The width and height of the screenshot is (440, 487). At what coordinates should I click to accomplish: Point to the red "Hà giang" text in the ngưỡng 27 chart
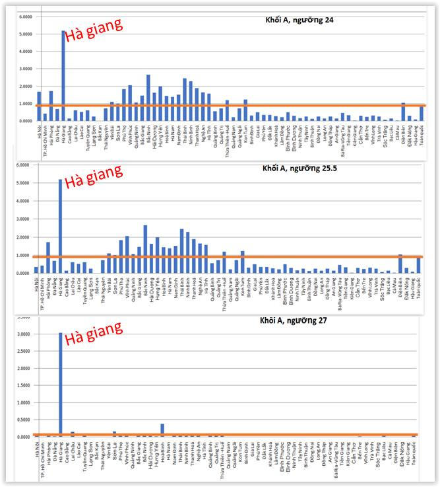(95, 327)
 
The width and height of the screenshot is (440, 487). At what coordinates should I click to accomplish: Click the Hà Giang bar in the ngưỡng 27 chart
(60, 384)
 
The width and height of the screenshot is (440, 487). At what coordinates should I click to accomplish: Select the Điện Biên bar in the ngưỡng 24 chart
(403, 112)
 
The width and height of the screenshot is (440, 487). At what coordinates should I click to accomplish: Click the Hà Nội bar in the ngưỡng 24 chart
(39, 106)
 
